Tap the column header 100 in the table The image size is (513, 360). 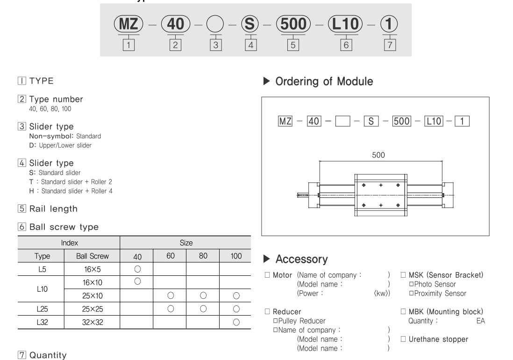pos(235,256)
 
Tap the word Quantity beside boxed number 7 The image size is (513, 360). pos(48,356)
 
